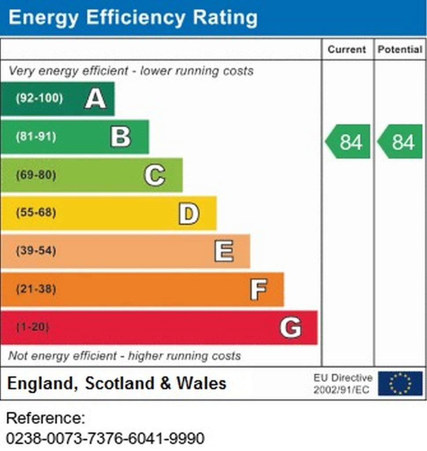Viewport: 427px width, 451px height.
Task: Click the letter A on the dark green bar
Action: click(95, 98)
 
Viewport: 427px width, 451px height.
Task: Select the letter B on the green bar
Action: click(121, 137)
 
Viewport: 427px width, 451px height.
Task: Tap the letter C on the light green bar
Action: click(155, 175)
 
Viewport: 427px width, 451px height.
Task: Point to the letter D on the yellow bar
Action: click(189, 213)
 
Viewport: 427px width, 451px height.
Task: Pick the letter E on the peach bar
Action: click(224, 251)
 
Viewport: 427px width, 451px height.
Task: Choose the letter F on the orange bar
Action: click(258, 290)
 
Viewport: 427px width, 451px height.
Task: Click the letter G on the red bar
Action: click(291, 328)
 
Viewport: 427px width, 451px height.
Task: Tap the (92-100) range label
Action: click(39, 98)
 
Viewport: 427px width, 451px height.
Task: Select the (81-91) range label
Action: click(36, 137)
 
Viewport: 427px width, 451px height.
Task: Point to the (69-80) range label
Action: click(36, 175)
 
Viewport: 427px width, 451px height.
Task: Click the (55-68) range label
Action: click(36, 213)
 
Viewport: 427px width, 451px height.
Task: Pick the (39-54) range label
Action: click(36, 251)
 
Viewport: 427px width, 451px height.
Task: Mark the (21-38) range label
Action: click(36, 290)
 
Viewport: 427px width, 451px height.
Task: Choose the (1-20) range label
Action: click(33, 328)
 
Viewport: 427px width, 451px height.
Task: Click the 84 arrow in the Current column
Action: click(349, 142)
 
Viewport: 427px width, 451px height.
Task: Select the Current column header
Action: click(347, 49)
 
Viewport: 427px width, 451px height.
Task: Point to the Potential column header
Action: click(400, 49)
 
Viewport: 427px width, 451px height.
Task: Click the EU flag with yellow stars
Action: click(400, 383)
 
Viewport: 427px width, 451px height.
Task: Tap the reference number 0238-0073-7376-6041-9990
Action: click(106, 438)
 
